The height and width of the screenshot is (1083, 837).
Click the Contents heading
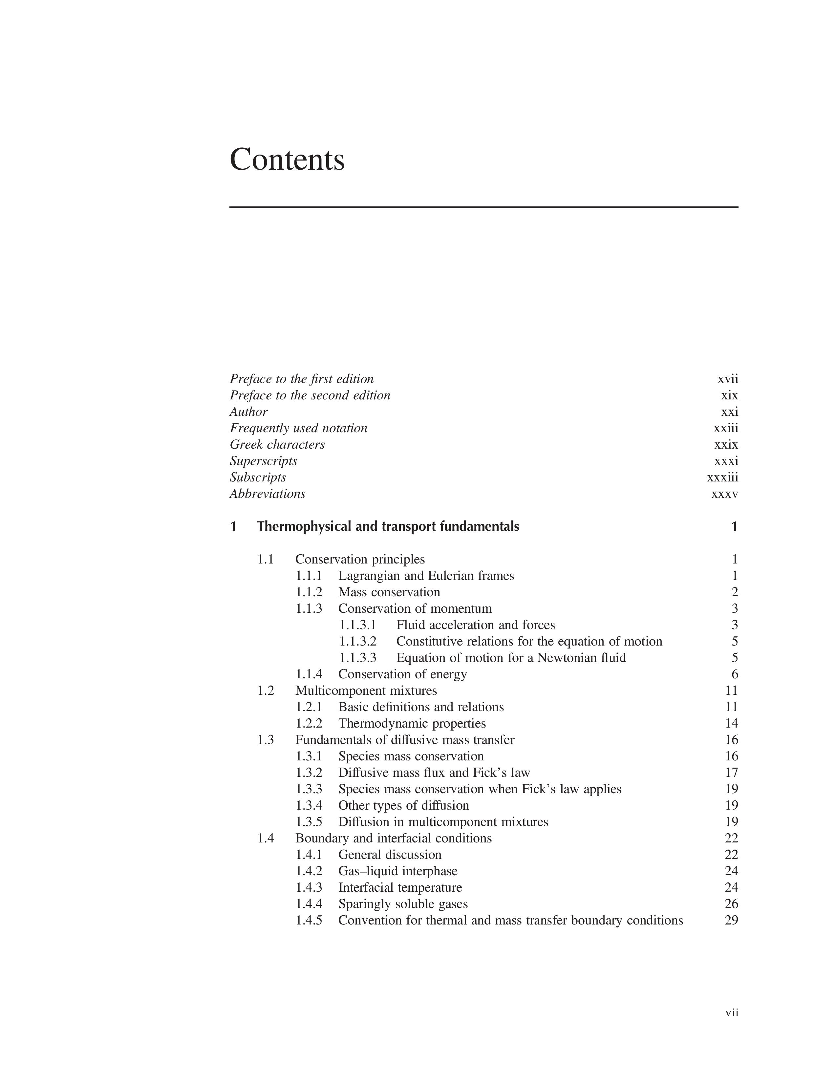pyautogui.click(x=287, y=160)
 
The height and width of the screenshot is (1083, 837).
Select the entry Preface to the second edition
pyautogui.click(x=310, y=396)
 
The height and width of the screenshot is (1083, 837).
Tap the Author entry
pyautogui.click(x=248, y=412)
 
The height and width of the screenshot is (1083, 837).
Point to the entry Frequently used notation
pyautogui.click(x=298, y=428)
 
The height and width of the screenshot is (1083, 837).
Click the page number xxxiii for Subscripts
pyautogui.click(x=722, y=478)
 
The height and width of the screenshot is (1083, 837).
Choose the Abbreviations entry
pyautogui.click(x=267, y=494)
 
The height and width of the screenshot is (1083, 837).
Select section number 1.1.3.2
pyautogui.click(x=358, y=642)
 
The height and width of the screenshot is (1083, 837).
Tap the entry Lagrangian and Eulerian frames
pyautogui.click(x=426, y=576)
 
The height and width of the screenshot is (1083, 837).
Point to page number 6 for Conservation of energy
pyautogui.click(x=734, y=674)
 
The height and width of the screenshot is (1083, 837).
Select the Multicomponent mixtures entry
pyautogui.click(x=366, y=691)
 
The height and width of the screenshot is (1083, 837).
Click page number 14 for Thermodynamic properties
pyautogui.click(x=731, y=724)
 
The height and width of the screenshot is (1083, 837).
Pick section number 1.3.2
pyautogui.click(x=309, y=773)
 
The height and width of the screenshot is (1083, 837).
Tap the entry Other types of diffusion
pyautogui.click(x=404, y=805)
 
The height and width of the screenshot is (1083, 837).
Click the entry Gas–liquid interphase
pyautogui.click(x=398, y=871)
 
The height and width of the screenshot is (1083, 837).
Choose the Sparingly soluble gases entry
pyautogui.click(x=403, y=904)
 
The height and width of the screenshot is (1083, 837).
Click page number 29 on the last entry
pyautogui.click(x=731, y=920)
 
